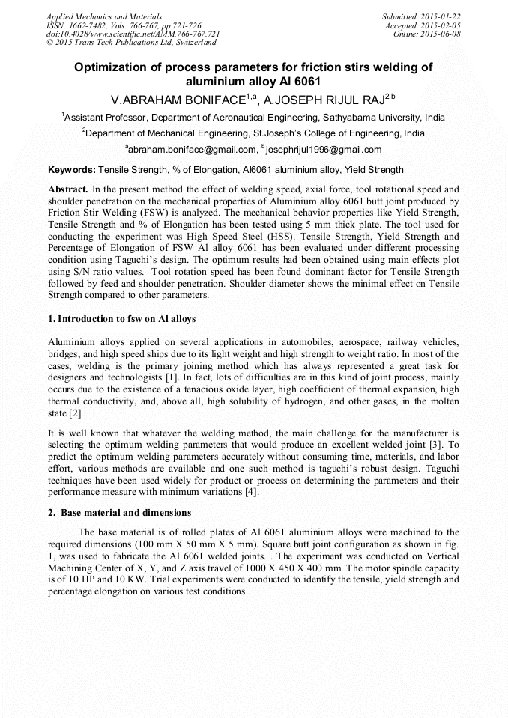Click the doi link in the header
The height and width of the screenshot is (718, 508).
pos(133,34)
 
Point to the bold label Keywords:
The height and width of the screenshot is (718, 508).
pos(72,170)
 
